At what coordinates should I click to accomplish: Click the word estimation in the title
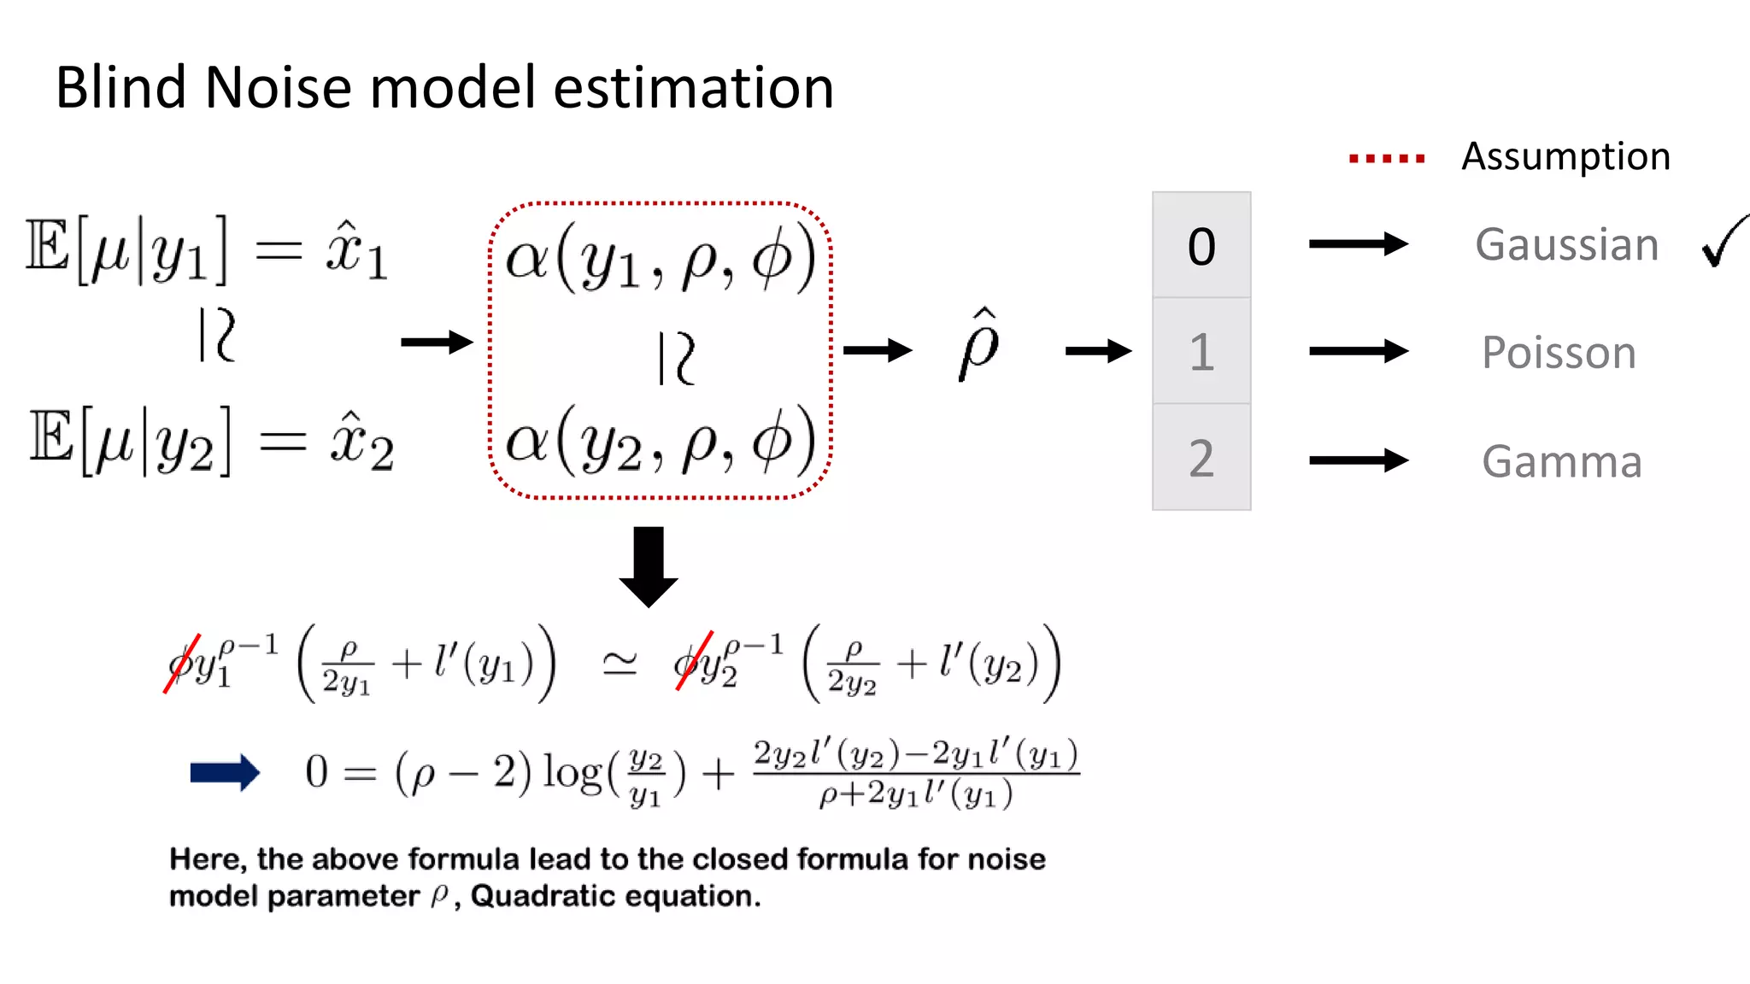tap(693, 88)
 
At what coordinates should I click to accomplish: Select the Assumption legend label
tap(1565, 157)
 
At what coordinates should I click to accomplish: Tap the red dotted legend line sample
tap(1386, 158)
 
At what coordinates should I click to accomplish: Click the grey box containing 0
tap(1201, 246)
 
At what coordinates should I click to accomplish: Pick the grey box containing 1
tap(1201, 351)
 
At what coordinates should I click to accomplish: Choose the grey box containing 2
tap(1201, 458)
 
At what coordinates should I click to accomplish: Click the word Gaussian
tap(1566, 245)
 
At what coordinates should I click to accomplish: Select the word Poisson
tap(1559, 353)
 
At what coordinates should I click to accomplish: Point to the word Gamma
tap(1561, 462)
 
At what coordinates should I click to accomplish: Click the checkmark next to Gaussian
tap(1724, 242)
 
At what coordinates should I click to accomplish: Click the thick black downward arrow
tap(649, 565)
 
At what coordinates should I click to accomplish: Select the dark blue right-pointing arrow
tap(225, 772)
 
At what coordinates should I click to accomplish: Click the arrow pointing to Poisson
tap(1358, 351)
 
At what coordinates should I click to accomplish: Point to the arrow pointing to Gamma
tap(1358, 460)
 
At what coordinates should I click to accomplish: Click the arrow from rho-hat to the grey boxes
tap(1098, 350)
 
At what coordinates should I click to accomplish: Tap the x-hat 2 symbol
tap(361, 442)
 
